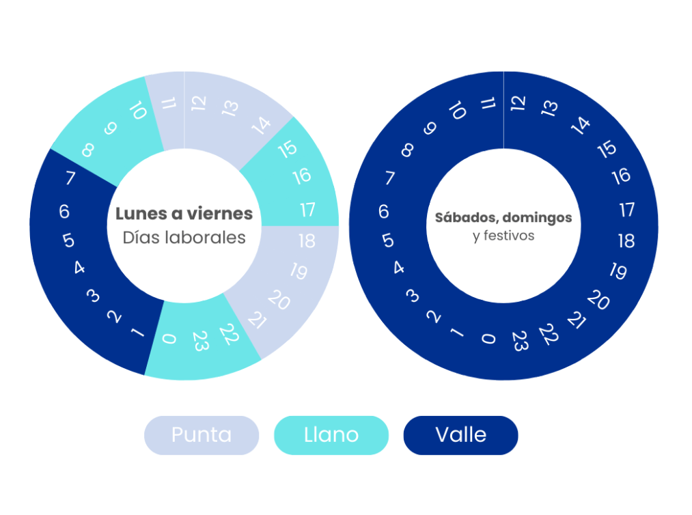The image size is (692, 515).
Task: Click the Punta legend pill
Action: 202,435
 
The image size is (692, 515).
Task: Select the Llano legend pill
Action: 331,435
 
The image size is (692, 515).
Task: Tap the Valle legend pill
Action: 460,435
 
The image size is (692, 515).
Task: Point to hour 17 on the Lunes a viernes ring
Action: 307,209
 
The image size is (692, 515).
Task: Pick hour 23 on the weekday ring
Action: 200,342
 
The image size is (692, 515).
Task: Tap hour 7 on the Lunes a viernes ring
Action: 70,179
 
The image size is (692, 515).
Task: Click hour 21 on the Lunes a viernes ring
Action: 256,319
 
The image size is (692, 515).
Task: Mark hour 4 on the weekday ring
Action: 79,268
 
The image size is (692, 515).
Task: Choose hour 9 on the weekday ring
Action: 110,128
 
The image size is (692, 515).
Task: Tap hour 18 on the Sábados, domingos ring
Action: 626,241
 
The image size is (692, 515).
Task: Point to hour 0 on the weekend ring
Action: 487,338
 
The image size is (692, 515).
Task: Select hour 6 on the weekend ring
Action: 383,212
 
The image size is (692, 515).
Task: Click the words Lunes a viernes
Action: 184,214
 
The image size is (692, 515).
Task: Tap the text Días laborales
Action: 184,238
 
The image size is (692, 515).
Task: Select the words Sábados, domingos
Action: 503,218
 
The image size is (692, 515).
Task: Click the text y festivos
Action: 503,236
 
